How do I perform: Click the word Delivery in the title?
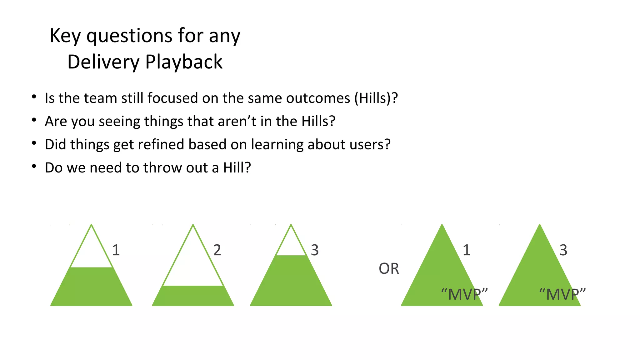(x=103, y=62)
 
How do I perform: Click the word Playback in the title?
(x=184, y=62)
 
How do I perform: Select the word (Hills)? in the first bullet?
(x=376, y=98)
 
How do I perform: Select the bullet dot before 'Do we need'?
(x=34, y=167)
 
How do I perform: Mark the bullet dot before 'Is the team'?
(x=34, y=97)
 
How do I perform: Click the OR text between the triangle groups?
(x=389, y=269)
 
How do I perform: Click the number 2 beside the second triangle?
(x=217, y=250)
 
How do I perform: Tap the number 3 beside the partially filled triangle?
(x=315, y=250)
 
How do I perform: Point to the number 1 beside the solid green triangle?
(x=466, y=250)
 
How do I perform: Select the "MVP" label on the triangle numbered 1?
(x=464, y=294)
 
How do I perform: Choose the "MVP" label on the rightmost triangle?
(x=562, y=294)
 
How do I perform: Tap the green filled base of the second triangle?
(x=193, y=296)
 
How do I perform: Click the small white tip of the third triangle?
(x=291, y=245)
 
